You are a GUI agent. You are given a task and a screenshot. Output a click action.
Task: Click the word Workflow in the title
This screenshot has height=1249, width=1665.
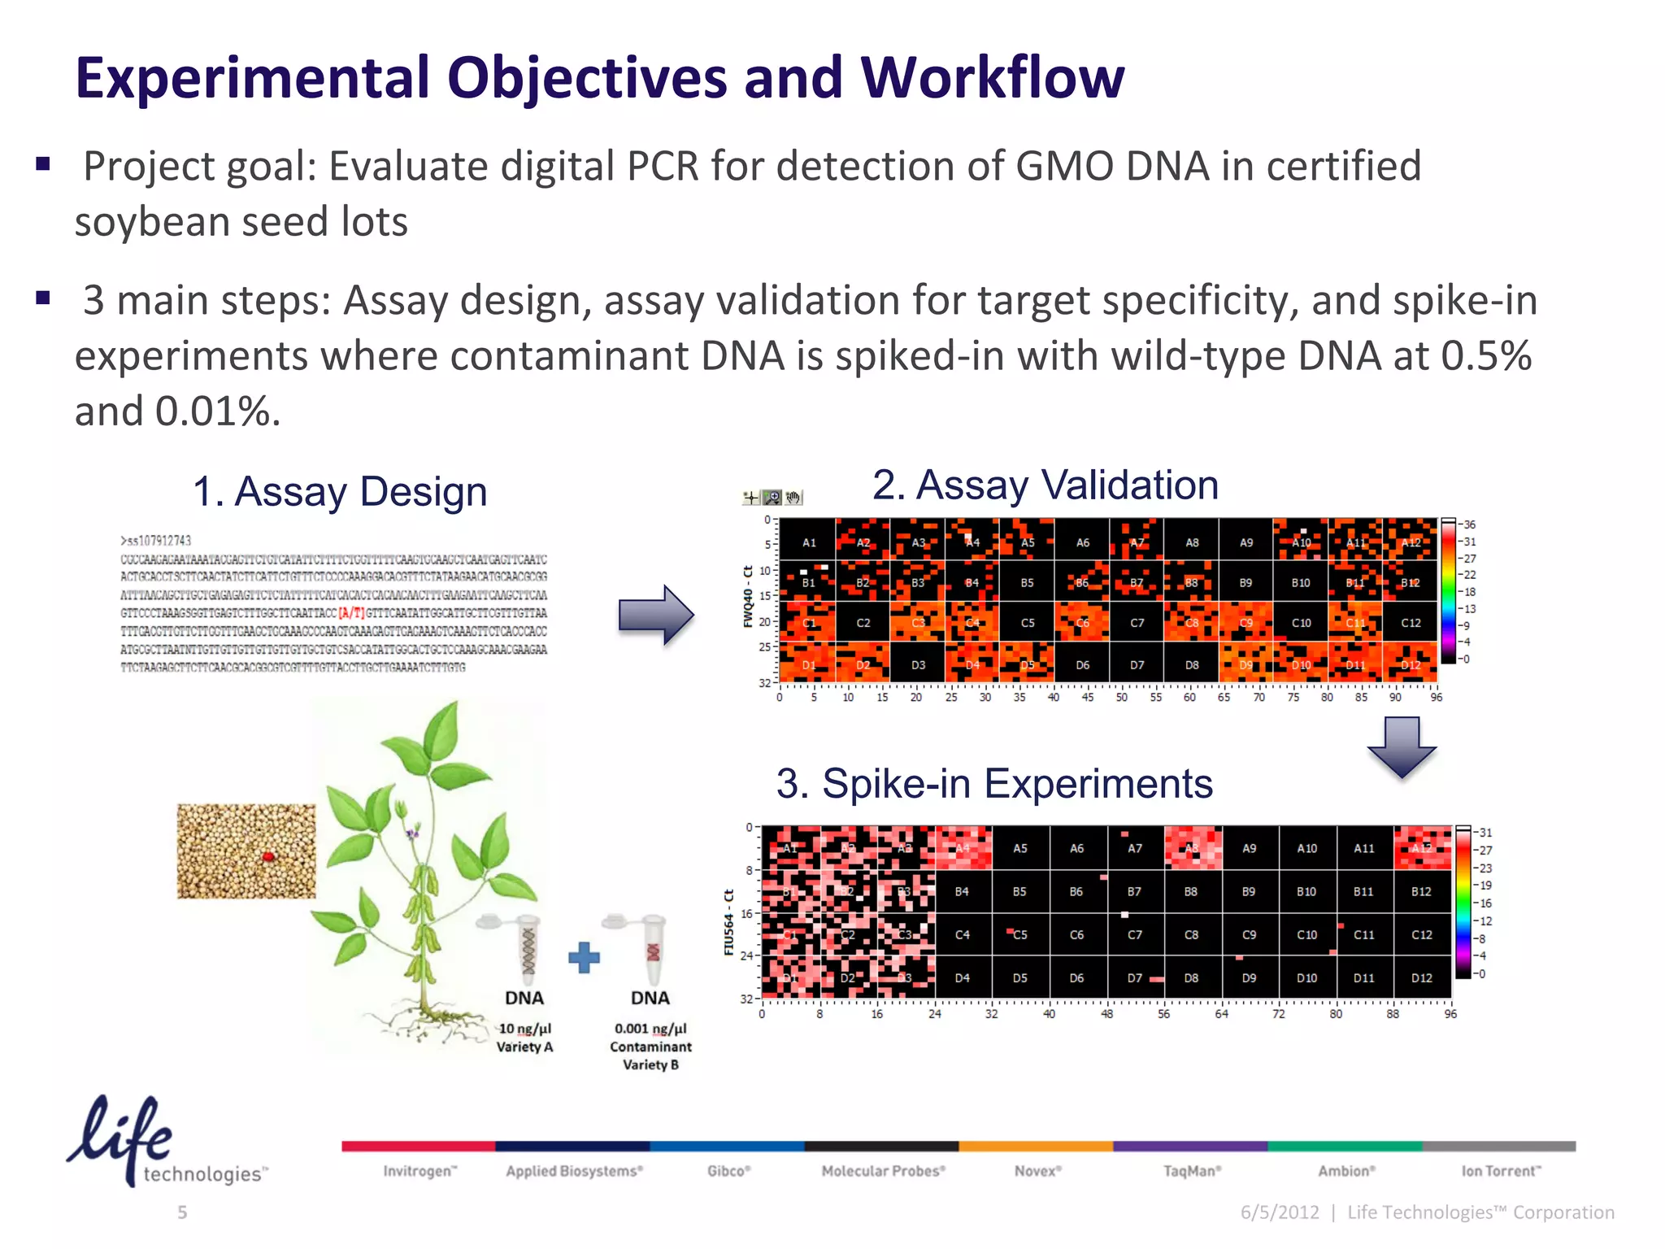[992, 78]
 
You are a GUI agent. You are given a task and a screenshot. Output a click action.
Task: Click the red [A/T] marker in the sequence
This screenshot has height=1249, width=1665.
[351, 613]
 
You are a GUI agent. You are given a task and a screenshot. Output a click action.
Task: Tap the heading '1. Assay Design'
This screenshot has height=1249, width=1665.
[340, 492]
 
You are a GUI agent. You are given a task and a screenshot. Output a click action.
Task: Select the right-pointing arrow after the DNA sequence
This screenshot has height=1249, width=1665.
[656, 616]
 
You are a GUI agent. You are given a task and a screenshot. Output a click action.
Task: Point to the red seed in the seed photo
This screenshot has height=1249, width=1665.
[267, 856]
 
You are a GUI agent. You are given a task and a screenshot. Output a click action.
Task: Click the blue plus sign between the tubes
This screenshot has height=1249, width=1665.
[584, 958]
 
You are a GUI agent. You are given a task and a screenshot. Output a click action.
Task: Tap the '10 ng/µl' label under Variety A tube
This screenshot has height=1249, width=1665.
[524, 1029]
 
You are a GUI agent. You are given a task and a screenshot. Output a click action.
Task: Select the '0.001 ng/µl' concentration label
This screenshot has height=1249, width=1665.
[650, 1029]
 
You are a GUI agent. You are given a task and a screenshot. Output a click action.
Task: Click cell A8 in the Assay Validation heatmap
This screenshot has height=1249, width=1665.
[1192, 542]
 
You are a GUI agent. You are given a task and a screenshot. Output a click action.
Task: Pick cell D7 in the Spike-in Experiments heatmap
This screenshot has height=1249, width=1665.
[1135, 978]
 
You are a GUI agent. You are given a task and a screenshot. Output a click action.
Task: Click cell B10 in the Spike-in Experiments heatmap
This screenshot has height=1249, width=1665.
[1306, 892]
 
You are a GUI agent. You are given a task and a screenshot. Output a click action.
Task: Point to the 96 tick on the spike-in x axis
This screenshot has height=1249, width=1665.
[1450, 1014]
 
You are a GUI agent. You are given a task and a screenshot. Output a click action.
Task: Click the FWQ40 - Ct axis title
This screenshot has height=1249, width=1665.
[748, 597]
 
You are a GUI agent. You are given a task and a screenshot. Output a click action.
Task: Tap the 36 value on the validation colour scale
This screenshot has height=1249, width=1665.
[1469, 524]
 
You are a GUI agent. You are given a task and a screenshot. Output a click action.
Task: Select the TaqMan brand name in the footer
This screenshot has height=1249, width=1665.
[1192, 1171]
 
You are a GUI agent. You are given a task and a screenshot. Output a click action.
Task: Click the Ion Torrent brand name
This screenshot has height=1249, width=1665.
[1501, 1171]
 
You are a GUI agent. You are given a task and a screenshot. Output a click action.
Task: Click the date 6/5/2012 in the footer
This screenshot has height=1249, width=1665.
[1280, 1212]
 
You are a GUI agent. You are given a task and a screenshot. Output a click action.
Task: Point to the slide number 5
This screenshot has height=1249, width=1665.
[182, 1212]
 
